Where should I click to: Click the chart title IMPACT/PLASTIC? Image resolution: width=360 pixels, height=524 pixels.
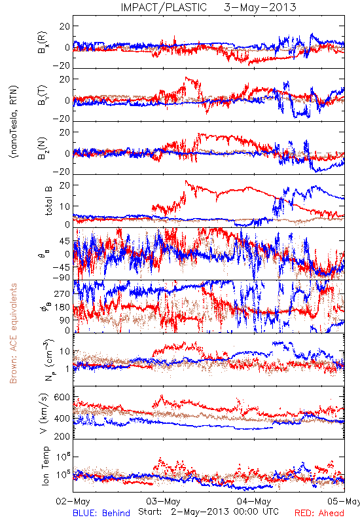pyautogui.click(x=164, y=7)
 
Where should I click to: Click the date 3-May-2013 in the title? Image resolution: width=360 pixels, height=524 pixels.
pyautogui.click(x=260, y=7)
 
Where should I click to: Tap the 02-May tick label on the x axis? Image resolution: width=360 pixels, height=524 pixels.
pyautogui.click(x=73, y=502)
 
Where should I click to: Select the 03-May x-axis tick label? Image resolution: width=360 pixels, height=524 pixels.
pyautogui.click(x=163, y=502)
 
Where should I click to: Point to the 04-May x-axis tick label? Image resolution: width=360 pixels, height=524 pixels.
pyautogui.click(x=254, y=502)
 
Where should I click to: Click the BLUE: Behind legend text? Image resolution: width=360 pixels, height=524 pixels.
pyautogui.click(x=101, y=513)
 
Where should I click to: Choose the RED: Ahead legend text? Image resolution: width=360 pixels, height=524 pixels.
pyautogui.click(x=319, y=513)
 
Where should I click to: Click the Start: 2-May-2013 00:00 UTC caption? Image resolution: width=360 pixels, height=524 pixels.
pyautogui.click(x=208, y=512)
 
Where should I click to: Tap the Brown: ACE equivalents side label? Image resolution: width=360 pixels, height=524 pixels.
pyautogui.click(x=13, y=333)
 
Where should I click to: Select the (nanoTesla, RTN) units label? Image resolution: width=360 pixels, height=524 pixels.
pyautogui.click(x=14, y=122)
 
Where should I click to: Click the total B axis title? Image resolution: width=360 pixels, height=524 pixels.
pyautogui.click(x=48, y=201)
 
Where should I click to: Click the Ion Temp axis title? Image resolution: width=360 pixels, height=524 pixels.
pyautogui.click(x=45, y=466)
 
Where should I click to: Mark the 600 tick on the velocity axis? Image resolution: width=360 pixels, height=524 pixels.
pyautogui.click(x=62, y=398)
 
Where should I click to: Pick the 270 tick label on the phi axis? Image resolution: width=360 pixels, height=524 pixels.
pyautogui.click(x=62, y=293)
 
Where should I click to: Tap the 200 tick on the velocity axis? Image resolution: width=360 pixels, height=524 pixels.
pyautogui.click(x=62, y=436)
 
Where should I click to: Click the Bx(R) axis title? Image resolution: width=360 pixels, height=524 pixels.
pyautogui.click(x=43, y=43)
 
